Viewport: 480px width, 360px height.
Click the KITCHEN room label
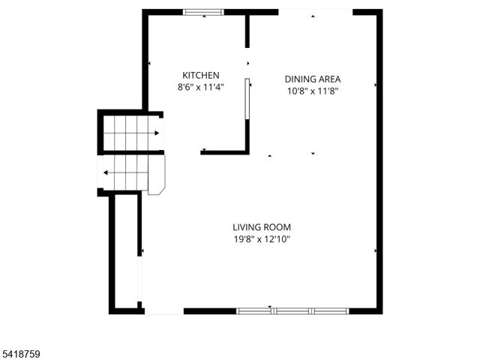point(200,75)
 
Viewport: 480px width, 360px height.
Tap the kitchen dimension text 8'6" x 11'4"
point(200,87)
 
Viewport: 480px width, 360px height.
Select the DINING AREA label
point(313,79)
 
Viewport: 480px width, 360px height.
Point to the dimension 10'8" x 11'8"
point(313,91)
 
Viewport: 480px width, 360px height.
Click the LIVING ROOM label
point(261,227)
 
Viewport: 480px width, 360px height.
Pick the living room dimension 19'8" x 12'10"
point(261,239)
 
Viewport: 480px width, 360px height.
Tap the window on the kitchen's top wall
point(203,12)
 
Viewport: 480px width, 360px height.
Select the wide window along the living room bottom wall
point(292,310)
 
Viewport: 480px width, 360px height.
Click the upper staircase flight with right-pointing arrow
point(131,133)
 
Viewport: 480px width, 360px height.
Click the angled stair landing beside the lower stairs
point(156,176)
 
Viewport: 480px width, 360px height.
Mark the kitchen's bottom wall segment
point(224,152)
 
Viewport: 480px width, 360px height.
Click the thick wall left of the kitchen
point(145,60)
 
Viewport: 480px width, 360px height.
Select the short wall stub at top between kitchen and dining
point(247,30)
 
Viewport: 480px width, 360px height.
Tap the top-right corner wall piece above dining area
point(367,12)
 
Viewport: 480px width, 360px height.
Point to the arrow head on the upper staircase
point(157,133)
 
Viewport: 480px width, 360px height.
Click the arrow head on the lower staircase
point(106,172)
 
